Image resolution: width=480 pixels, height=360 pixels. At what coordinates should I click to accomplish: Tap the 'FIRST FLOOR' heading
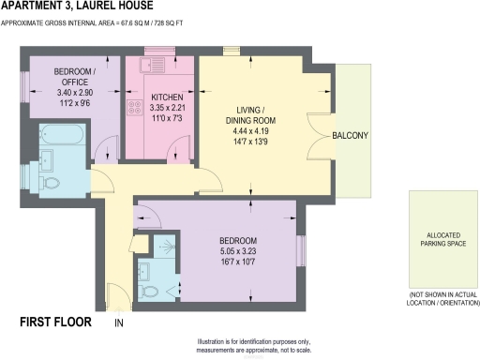point(55,322)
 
